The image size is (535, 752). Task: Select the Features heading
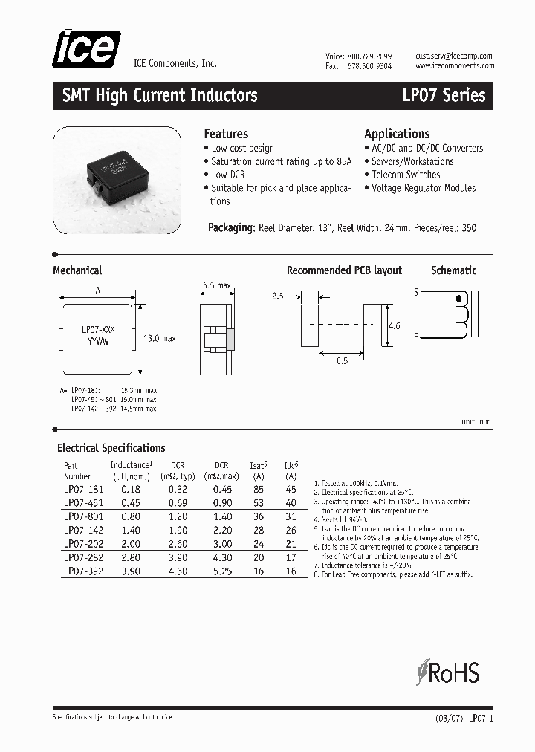pyautogui.click(x=226, y=134)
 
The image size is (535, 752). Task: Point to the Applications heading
pyautogui.click(x=397, y=134)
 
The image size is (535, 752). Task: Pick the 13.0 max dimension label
pyautogui.click(x=158, y=338)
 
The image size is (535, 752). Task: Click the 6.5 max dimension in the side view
pyautogui.click(x=216, y=286)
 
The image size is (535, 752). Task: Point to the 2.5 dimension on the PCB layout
pyautogui.click(x=277, y=296)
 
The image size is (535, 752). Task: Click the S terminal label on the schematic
pyautogui.click(x=416, y=292)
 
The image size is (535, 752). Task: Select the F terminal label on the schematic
pyautogui.click(x=416, y=336)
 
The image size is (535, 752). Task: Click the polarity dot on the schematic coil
pyautogui.click(x=459, y=299)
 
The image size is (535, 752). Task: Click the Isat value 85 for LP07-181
pyautogui.click(x=258, y=490)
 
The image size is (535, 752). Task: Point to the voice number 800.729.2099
pyautogui.click(x=369, y=56)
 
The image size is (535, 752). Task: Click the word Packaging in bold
pyautogui.click(x=231, y=227)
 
